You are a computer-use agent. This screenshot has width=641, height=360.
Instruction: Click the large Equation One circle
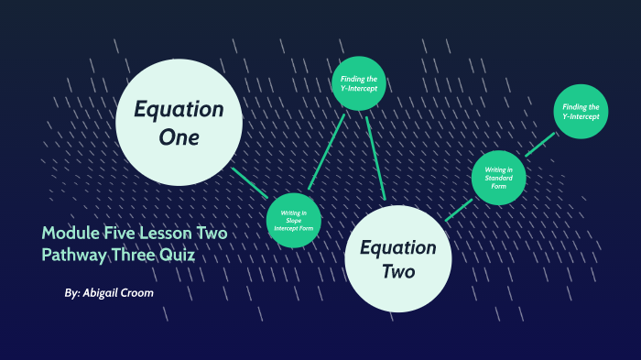[179, 122]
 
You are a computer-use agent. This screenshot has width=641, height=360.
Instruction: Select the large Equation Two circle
[398, 258]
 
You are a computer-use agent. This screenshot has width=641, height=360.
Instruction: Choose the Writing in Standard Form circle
[499, 178]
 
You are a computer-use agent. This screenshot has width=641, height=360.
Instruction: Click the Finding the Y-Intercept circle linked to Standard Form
[580, 112]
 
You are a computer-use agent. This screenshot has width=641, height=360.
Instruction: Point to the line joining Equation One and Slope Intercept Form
[248, 182]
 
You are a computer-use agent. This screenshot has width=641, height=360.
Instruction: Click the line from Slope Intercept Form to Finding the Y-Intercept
[327, 151]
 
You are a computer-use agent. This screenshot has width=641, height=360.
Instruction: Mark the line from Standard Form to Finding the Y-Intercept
[539, 145]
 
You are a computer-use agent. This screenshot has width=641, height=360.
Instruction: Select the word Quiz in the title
[179, 255]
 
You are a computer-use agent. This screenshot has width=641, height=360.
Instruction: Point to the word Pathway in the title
[74, 255]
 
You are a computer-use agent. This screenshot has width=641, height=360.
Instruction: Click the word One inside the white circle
[179, 138]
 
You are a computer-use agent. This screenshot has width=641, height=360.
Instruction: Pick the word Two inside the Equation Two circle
[398, 271]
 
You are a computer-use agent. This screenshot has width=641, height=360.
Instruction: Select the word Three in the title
[135, 255]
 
